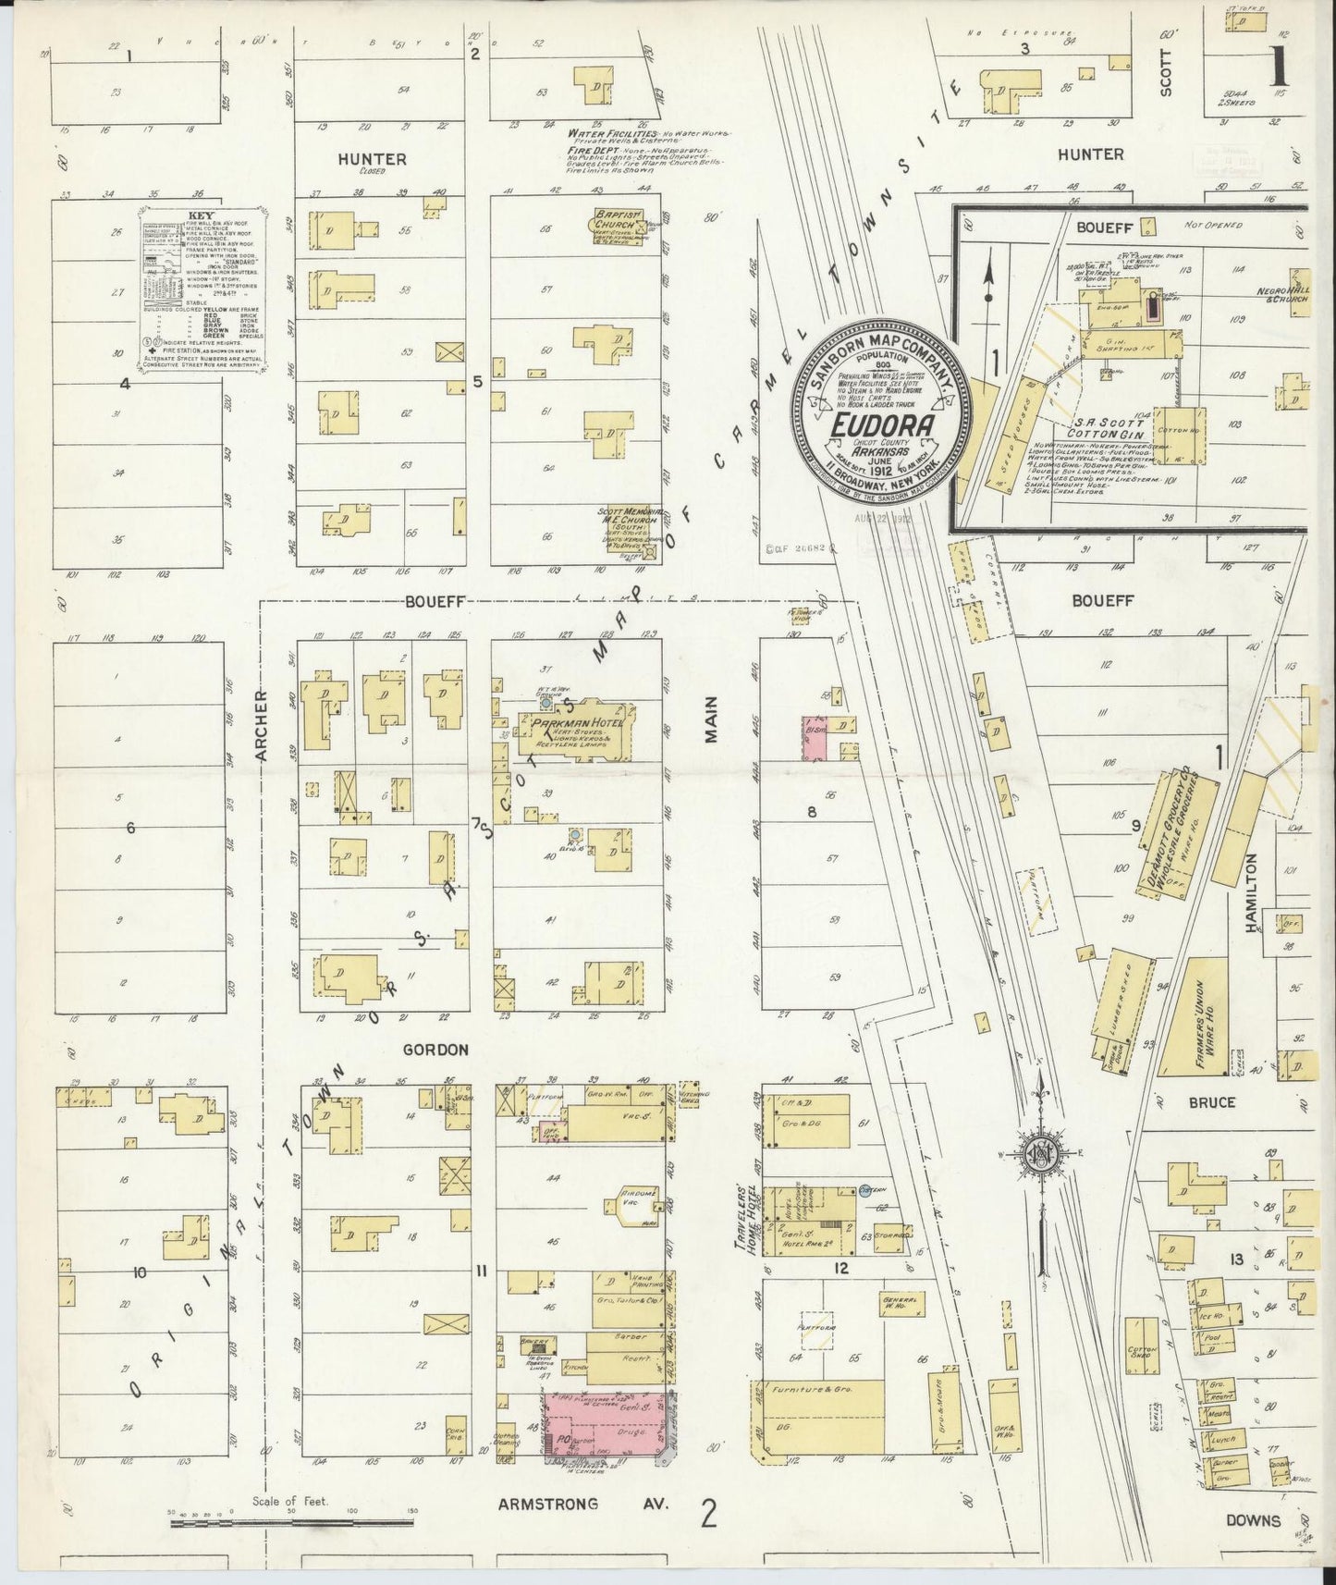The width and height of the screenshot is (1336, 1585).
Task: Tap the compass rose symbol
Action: [x=1040, y=1153]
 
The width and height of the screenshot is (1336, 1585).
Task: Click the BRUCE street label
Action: [x=1211, y=1102]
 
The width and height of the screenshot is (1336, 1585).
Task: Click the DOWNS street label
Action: [x=1254, y=1520]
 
